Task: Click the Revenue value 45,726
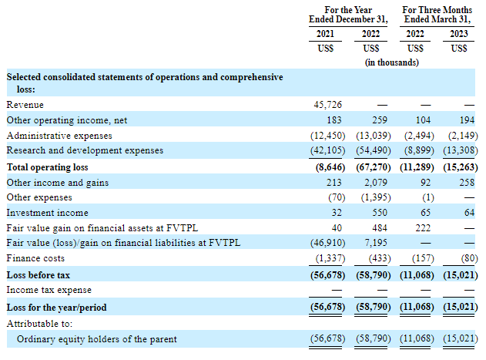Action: point(327,105)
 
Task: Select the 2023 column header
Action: point(459,34)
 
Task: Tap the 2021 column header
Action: point(325,34)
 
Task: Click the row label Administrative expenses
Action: point(59,136)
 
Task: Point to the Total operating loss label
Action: point(48,167)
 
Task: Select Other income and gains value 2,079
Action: point(376,183)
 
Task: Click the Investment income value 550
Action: point(380,213)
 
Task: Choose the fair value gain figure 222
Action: point(423,228)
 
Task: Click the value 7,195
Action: point(376,243)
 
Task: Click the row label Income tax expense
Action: point(49,290)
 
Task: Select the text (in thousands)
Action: point(392,62)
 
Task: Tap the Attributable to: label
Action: point(39,324)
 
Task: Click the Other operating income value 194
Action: point(467,120)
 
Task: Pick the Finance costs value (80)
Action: point(469,258)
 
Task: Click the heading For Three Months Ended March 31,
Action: point(437,15)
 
